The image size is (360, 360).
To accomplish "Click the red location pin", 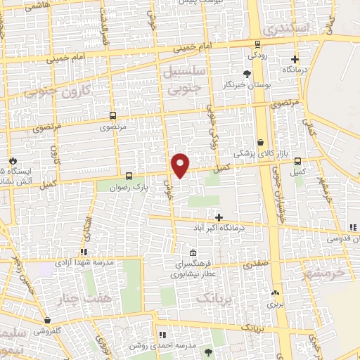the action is pos(181,165).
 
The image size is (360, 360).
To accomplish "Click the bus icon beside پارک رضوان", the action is pos(129,176).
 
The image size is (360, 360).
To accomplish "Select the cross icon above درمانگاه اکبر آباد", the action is pos(219,217).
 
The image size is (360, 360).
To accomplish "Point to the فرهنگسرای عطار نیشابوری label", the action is pos(193,268).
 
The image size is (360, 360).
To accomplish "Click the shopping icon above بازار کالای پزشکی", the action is pos(261,142).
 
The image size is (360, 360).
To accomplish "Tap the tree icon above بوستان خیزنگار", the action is pos(247,74).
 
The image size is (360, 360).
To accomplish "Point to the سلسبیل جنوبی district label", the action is pos(185,80).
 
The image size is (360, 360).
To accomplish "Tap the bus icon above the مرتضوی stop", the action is pos(112,116).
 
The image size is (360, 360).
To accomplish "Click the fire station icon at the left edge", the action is pos(12,160).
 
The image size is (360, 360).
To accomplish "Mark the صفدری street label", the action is pos(257,265).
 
